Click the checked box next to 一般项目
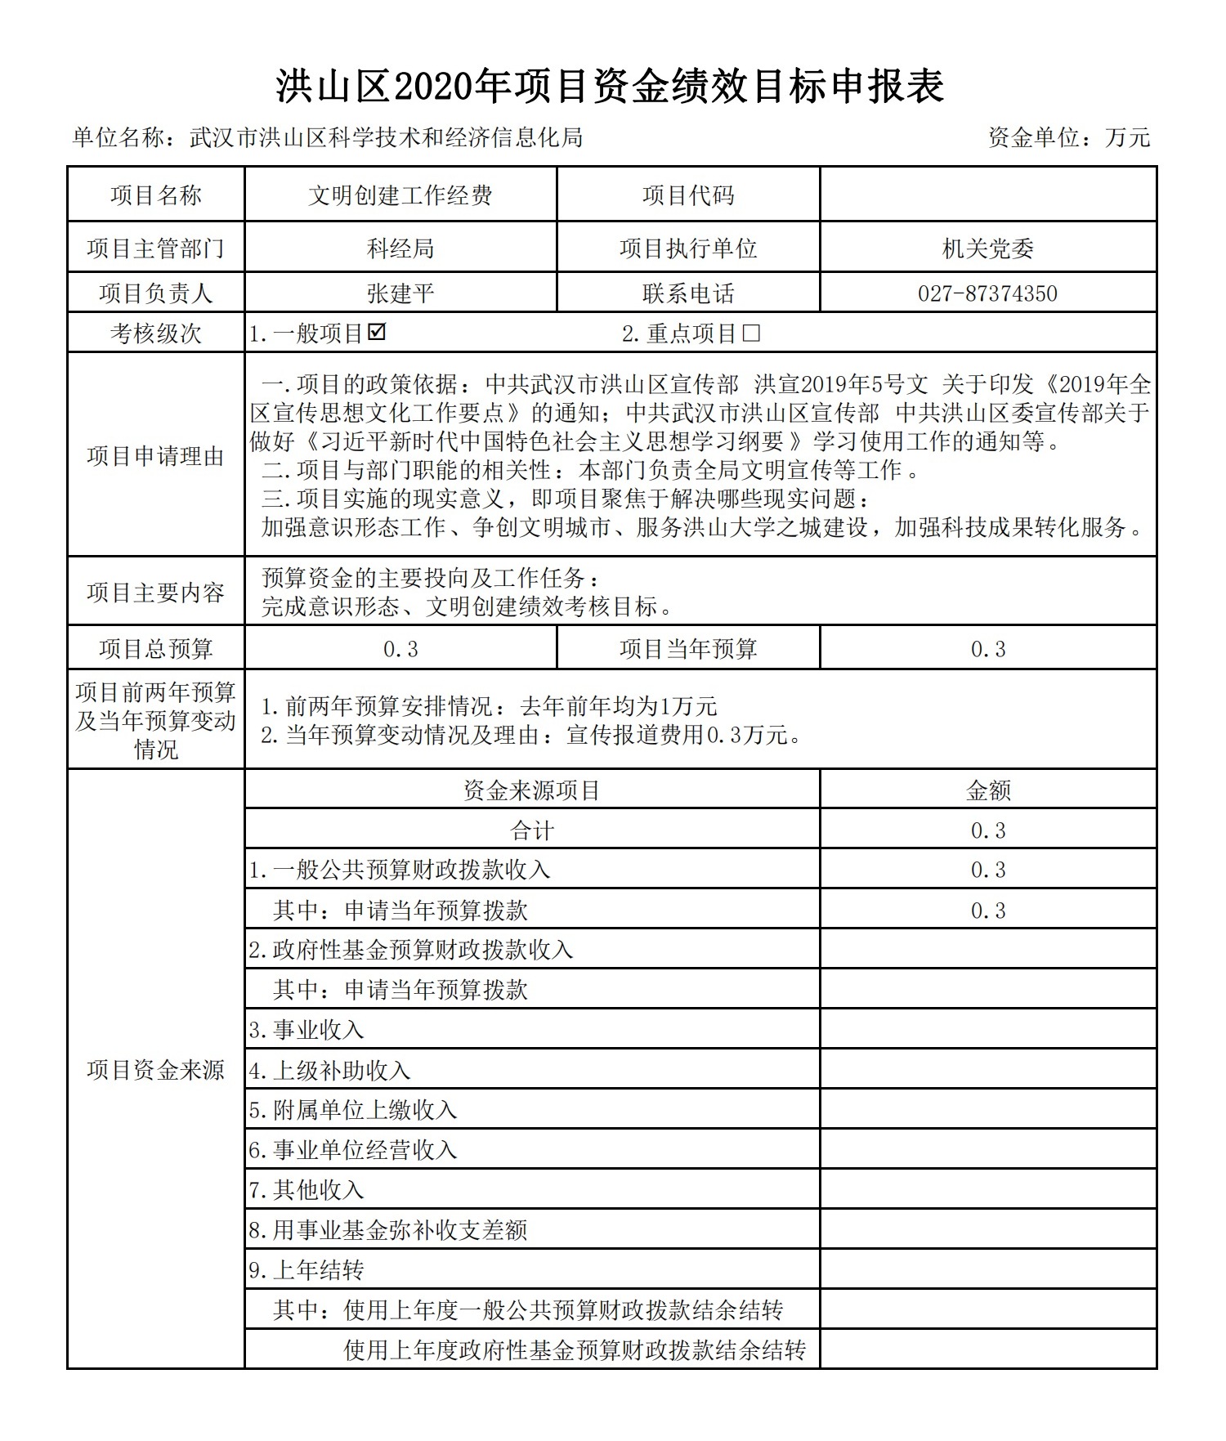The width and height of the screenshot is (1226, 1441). click(378, 333)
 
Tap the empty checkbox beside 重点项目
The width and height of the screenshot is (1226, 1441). click(751, 333)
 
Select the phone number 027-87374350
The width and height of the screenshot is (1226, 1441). click(987, 293)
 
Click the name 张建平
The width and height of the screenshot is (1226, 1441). click(400, 293)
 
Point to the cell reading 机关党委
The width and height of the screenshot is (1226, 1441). click(987, 248)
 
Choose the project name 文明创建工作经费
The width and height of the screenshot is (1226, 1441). click(400, 195)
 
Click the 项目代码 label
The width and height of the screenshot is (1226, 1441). click(688, 195)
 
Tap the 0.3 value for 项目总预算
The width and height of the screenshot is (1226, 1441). click(400, 649)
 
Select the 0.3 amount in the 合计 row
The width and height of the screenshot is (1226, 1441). click(987, 830)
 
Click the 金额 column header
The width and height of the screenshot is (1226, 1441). click(987, 790)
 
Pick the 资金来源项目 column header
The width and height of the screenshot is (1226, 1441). click(532, 790)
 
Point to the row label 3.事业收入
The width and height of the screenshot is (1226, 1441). click(306, 1030)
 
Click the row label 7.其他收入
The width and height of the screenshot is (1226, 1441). click(306, 1190)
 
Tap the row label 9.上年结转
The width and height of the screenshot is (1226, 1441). click(306, 1270)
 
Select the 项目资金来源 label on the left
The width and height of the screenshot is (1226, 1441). click(155, 1070)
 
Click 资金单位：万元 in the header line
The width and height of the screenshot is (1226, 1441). click(1068, 137)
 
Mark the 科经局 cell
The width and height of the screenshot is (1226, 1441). click(400, 248)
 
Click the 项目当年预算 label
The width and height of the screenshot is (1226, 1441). click(688, 649)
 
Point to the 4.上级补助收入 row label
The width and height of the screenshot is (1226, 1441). click(329, 1070)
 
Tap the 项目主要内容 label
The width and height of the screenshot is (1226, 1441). click(155, 593)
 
